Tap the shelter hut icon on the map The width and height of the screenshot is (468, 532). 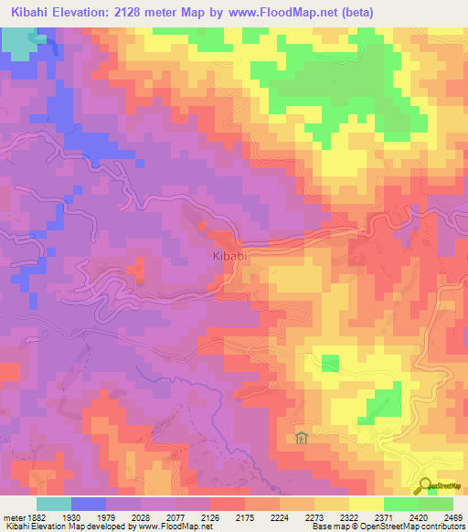click(301, 439)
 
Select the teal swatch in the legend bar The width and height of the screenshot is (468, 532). click(54, 504)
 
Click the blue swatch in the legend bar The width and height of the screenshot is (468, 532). click(89, 504)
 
